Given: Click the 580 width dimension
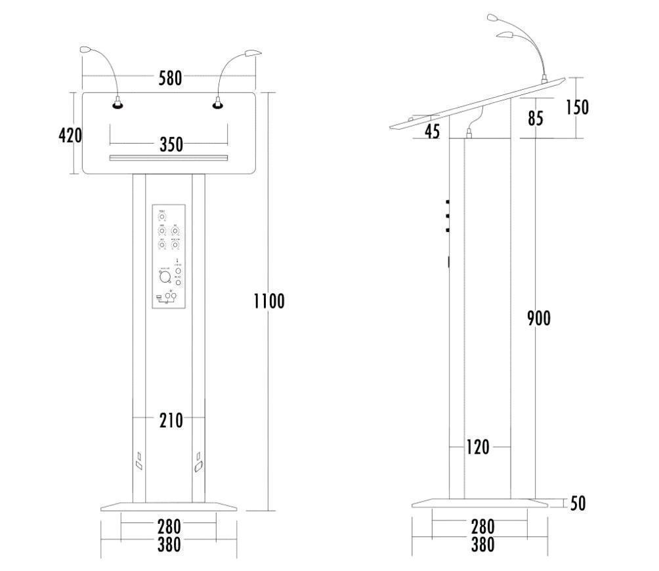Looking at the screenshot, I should (170, 78).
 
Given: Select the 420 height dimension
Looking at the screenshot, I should (70, 136).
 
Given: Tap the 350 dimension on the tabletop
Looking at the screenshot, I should (171, 145).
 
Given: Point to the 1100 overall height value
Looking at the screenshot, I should (269, 302).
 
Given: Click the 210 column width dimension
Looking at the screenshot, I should (171, 421).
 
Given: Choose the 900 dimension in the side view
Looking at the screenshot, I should (539, 319).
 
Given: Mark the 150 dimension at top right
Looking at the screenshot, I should (578, 107).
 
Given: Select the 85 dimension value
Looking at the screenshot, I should (535, 119).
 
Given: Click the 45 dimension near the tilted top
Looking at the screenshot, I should (432, 131).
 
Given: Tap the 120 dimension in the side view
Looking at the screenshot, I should (478, 448).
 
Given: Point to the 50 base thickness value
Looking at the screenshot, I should (578, 503).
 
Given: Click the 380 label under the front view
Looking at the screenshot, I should (169, 544).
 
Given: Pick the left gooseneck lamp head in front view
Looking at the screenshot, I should (88, 49).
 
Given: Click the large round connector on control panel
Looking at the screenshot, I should (164, 277).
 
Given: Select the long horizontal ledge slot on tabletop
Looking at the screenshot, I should (169, 157).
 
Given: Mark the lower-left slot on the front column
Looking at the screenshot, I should (139, 461).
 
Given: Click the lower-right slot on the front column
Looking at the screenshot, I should (198, 462).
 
